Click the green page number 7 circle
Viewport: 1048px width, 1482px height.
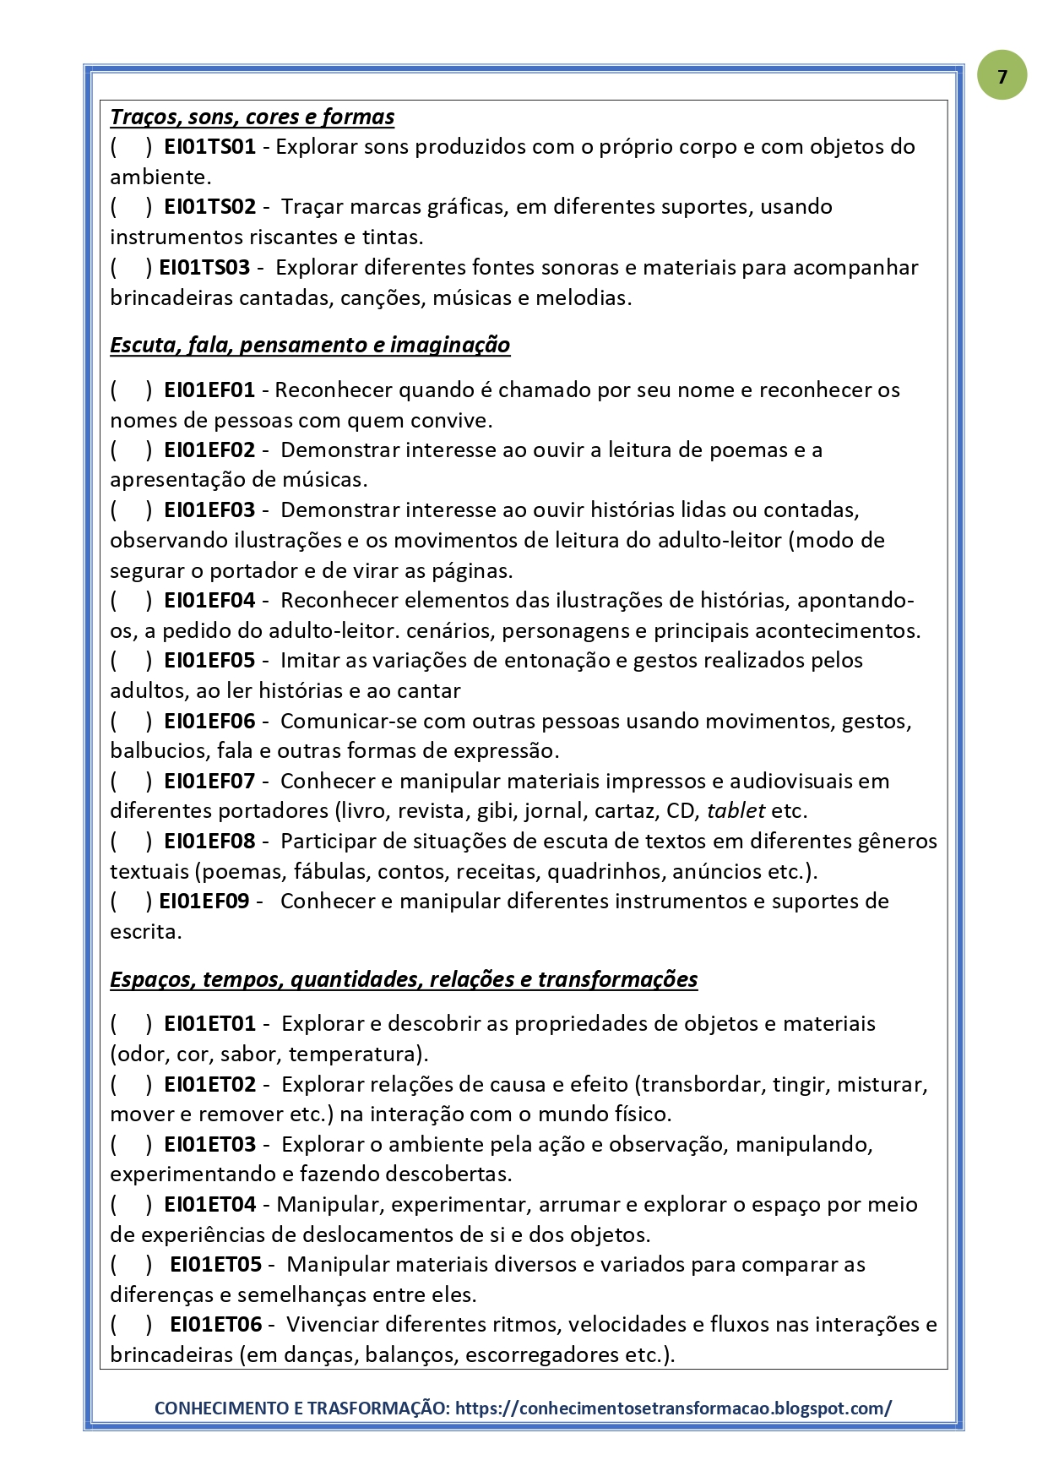point(1002,76)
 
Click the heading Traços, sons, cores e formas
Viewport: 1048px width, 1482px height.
point(252,117)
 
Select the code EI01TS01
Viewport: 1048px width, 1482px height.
point(209,146)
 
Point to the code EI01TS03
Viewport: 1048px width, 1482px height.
point(204,268)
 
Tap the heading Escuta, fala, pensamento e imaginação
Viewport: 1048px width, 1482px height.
point(310,345)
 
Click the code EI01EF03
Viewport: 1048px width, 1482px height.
point(209,510)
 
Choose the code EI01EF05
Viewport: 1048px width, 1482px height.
point(209,661)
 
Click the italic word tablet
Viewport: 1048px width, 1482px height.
point(736,811)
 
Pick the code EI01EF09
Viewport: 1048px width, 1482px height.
point(204,902)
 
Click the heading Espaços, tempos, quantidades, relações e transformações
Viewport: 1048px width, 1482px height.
point(404,979)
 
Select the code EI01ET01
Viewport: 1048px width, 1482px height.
point(209,1024)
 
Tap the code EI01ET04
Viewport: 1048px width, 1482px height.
point(209,1205)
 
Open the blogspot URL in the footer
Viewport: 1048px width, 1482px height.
point(673,1408)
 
